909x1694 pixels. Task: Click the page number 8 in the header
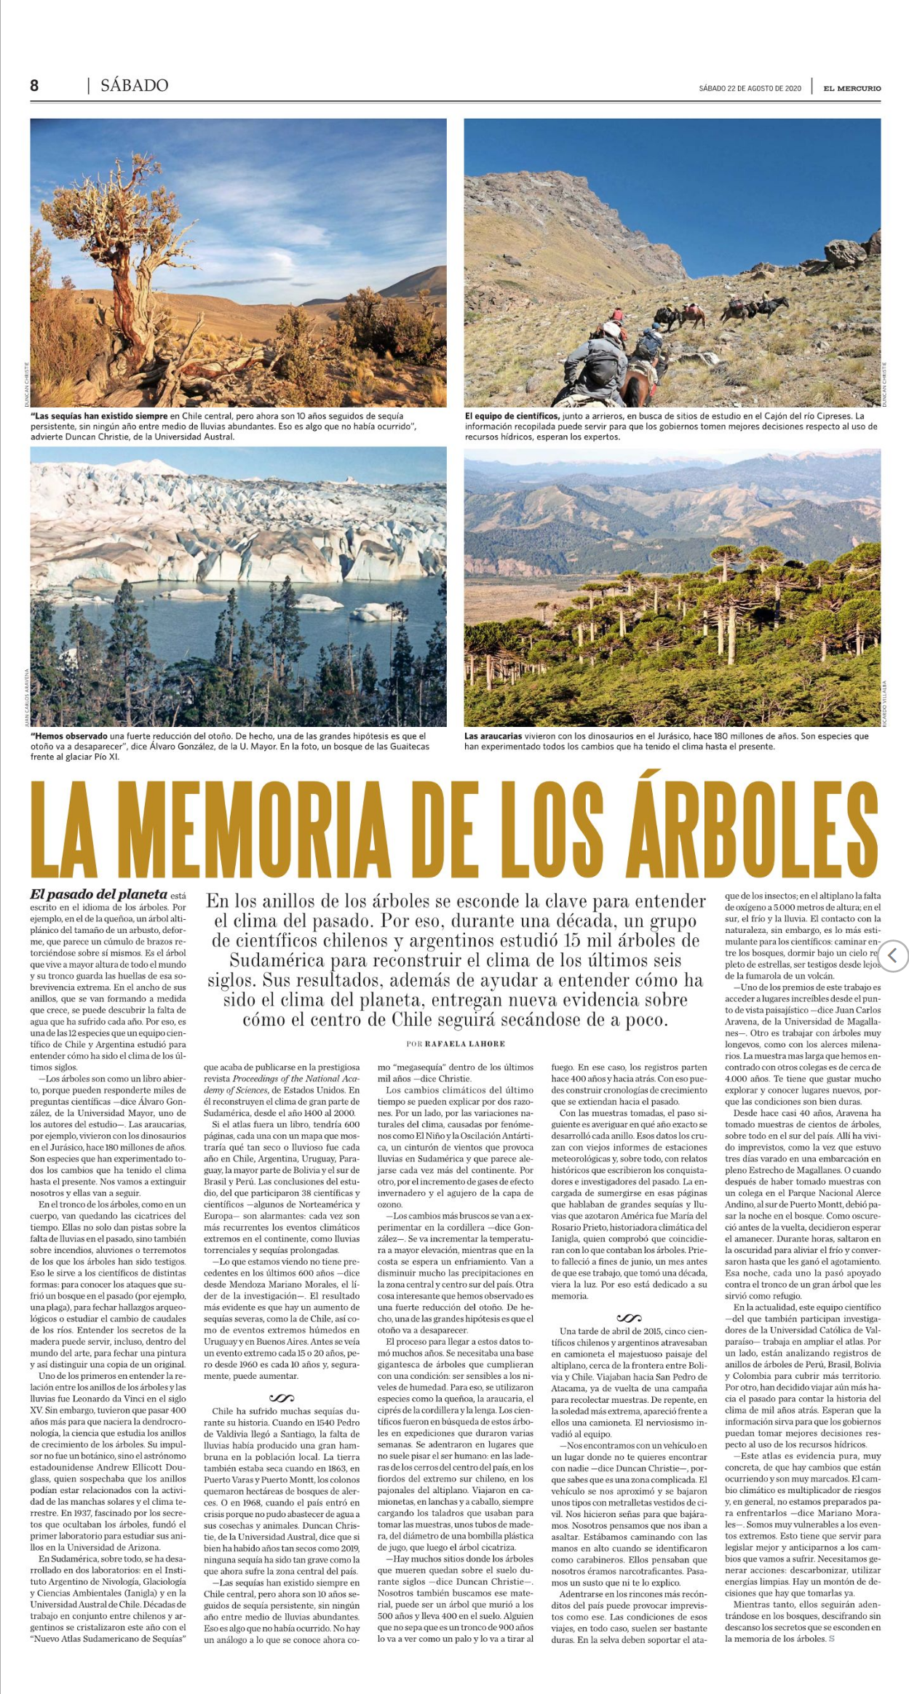click(34, 86)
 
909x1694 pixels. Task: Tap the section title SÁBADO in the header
click(135, 86)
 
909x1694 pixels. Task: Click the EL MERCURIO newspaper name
click(852, 89)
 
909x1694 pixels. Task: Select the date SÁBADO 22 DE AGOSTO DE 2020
click(750, 89)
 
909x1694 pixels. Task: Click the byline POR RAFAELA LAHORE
click(456, 1044)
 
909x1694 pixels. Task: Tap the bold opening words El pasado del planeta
click(98, 894)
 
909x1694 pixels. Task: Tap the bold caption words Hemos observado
click(69, 736)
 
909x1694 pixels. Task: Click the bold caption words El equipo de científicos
click(511, 415)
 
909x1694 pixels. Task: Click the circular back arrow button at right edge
click(894, 955)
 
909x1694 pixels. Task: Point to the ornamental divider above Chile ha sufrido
click(282, 1398)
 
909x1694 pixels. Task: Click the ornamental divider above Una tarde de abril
click(629, 1317)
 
